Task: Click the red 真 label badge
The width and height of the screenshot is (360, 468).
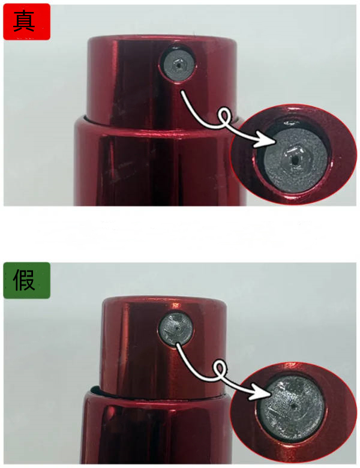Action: (x=26, y=22)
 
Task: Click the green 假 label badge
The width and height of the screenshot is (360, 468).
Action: (x=26, y=280)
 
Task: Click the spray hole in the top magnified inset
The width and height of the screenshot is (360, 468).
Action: (x=295, y=160)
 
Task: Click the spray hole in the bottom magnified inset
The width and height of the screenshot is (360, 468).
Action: (x=294, y=407)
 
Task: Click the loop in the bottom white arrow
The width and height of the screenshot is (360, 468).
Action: (x=220, y=370)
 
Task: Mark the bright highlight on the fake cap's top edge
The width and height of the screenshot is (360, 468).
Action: (x=176, y=305)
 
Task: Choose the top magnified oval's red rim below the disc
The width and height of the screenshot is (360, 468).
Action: (x=294, y=197)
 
